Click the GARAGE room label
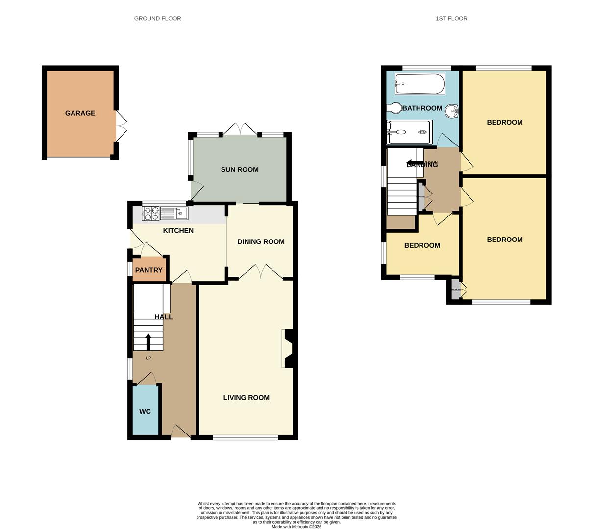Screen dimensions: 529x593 [x=80, y=113]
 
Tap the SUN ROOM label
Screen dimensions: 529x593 [x=239, y=170]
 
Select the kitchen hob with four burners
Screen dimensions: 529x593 [x=150, y=214]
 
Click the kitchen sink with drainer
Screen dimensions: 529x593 [x=174, y=214]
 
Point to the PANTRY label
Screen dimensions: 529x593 [x=148, y=270]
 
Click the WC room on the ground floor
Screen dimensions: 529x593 [x=145, y=411]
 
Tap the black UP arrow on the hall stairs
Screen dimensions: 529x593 [x=148, y=341]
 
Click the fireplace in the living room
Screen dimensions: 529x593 [x=287, y=348]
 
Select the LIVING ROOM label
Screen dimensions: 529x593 [x=246, y=398]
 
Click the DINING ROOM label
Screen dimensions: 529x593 [x=261, y=241]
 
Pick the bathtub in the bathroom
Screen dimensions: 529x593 [x=420, y=84]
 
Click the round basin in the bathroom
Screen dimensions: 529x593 [x=451, y=112]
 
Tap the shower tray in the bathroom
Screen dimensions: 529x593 [x=410, y=132]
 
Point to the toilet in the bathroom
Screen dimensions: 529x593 [x=394, y=108]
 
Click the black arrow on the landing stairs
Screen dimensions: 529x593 [x=415, y=163]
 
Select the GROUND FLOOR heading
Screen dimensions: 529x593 [x=157, y=18]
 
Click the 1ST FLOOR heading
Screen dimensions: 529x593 [x=451, y=18]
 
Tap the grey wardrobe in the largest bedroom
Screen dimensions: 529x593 [x=456, y=289]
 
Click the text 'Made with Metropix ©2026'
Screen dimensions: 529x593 [x=296, y=527]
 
